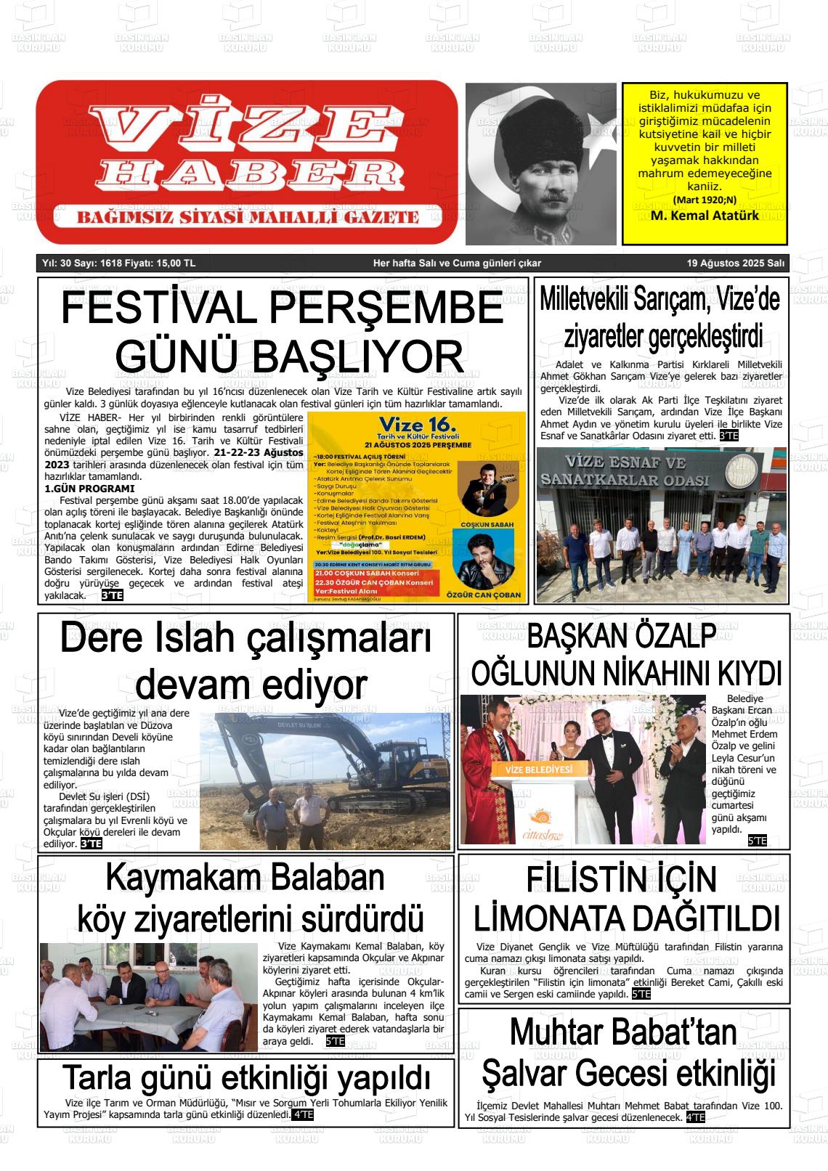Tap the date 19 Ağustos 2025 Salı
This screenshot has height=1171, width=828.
click(x=736, y=264)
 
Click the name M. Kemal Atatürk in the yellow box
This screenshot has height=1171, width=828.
click(x=705, y=216)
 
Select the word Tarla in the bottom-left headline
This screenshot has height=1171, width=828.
click(x=100, y=1077)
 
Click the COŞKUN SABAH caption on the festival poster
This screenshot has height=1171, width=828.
click(x=487, y=523)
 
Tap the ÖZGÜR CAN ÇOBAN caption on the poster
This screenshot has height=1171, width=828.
click(x=486, y=595)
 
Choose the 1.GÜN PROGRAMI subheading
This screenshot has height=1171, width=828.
click(x=89, y=489)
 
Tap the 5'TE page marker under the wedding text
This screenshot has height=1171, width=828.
click(x=757, y=841)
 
